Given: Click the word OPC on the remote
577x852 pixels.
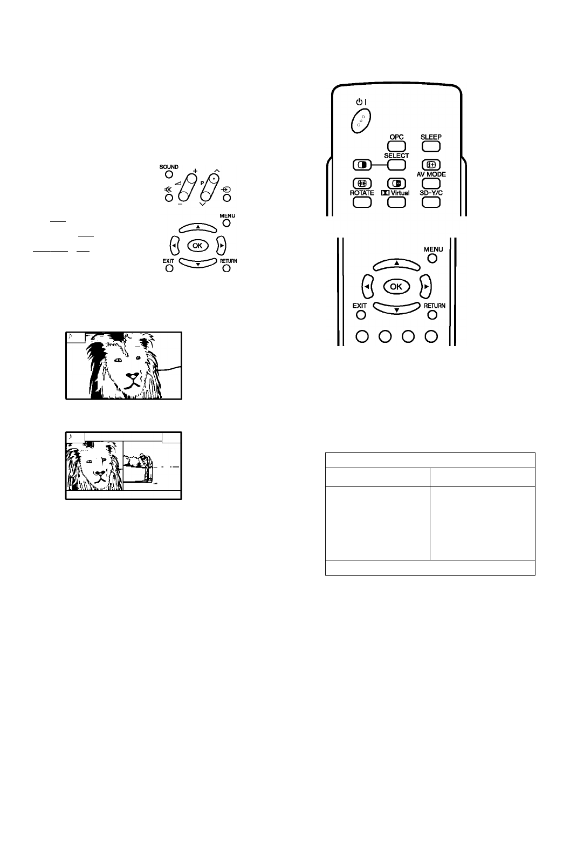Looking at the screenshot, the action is (396, 137).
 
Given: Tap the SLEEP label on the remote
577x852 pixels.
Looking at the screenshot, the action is (431, 137).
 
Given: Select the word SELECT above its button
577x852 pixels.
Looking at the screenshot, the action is (396, 155).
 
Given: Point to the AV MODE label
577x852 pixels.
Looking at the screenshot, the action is (431, 174).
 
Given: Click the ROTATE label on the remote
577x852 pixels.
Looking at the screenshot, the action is (362, 193).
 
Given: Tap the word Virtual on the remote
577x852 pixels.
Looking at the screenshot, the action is (400, 193).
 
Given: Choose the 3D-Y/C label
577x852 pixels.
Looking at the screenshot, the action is (431, 193).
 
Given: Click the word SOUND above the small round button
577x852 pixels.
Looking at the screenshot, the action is (169, 167).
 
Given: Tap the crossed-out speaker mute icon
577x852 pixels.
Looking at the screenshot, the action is (168, 190).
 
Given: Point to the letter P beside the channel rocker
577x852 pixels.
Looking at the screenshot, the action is (202, 183).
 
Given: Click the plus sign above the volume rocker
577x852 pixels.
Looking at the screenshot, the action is (195, 171).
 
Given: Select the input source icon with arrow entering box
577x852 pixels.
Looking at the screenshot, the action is (227, 190).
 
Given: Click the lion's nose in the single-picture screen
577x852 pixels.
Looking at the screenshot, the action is (133, 376).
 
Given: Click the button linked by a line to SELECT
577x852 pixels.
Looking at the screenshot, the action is (362, 165).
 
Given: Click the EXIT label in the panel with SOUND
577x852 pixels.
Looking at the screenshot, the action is (168, 261).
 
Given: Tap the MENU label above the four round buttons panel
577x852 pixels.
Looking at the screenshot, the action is (434, 249).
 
